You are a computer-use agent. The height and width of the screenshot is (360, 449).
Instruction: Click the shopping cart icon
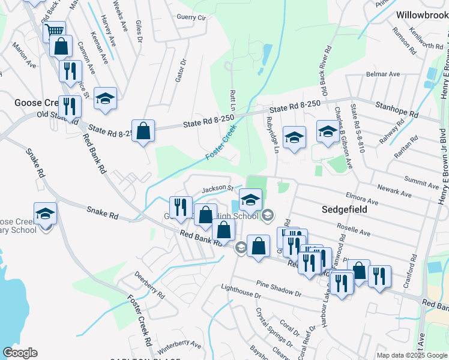coord(55,30)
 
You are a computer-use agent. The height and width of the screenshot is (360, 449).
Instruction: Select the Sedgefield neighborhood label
coord(343,211)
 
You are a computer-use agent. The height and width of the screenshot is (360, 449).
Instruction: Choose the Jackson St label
coord(217,189)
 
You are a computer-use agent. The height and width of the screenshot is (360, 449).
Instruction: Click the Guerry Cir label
coord(191,18)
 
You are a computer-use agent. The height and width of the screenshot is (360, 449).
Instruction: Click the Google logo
coord(20,353)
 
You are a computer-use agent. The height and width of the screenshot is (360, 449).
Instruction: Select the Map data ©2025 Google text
coord(411,355)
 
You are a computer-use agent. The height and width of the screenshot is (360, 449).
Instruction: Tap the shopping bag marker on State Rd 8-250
coord(143,131)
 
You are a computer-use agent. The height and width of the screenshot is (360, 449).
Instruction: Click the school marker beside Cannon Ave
coord(105,98)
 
